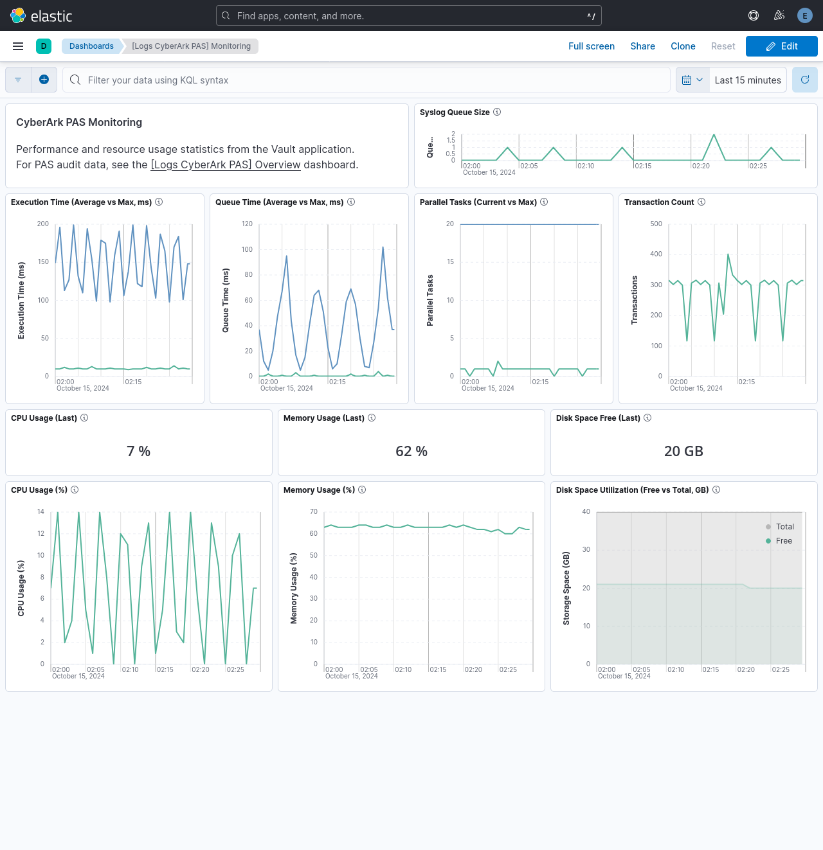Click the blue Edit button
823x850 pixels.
[781, 46]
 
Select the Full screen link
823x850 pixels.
[591, 46]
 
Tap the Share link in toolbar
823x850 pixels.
[642, 46]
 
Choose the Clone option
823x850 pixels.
[683, 46]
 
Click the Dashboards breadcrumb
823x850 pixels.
[91, 46]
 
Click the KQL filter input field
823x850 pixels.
[366, 80]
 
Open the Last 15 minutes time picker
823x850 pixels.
[747, 80]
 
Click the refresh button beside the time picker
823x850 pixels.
[804, 80]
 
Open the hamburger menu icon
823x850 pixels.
[18, 46]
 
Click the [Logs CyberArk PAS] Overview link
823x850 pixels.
[226, 165]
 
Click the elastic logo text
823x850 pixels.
[51, 16]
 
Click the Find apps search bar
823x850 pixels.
[408, 16]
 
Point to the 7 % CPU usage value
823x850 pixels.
[138, 452]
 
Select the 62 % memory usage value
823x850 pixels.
[411, 452]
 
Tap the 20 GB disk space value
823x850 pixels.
[683, 452]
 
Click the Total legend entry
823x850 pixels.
[784, 527]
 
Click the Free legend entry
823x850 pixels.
[784, 541]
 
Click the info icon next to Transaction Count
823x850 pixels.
[701, 202]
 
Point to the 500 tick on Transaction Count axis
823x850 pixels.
[656, 224]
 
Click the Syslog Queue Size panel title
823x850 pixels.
[455, 112]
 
